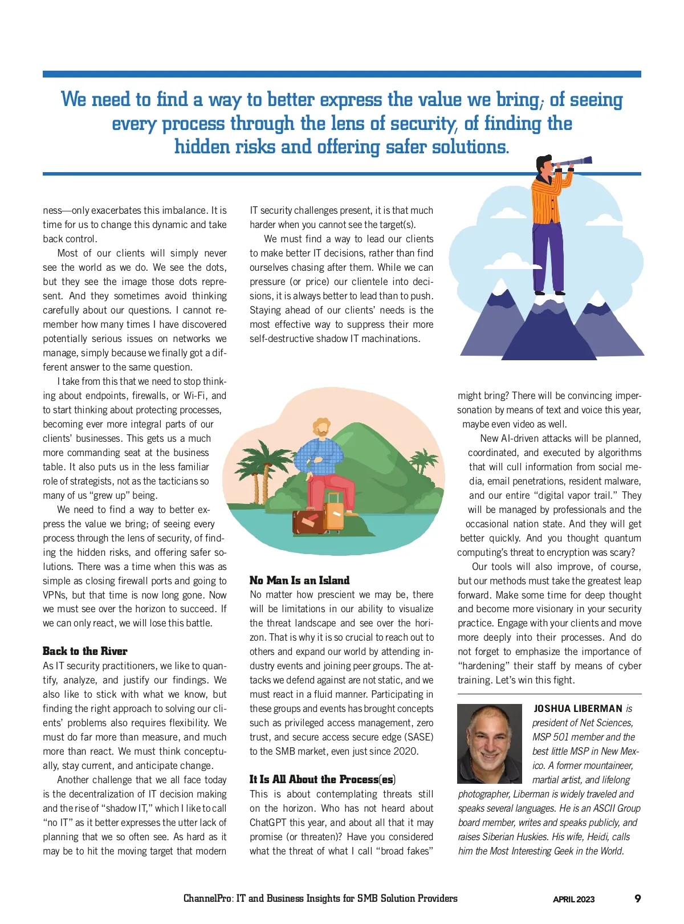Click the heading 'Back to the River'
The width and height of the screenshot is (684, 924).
pos(85,651)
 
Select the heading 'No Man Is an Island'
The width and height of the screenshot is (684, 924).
pos(299,580)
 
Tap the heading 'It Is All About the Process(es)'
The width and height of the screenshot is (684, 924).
pos(322,779)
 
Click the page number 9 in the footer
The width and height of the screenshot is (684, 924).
pos(637,898)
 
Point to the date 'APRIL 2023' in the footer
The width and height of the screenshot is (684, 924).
pos(573,899)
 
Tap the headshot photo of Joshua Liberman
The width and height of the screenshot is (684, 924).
pos(489,743)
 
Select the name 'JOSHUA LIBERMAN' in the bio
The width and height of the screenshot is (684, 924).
pos(578,709)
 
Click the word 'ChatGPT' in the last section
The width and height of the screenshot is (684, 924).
pos(268,823)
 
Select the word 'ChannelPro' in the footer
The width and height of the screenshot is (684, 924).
pos(207,898)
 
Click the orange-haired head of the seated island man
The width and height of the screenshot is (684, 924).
pos(321,427)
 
